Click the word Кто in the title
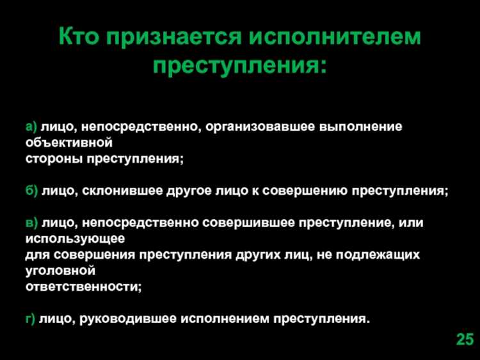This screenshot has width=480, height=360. [x=79, y=38]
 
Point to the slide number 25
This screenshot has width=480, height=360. [x=465, y=340]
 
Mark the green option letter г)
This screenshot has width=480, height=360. [x=30, y=318]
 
